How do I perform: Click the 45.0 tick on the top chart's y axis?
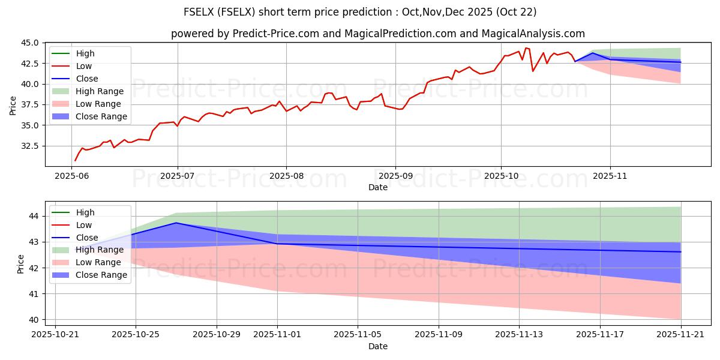pyautogui.click(x=31, y=43)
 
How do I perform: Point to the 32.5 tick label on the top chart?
pyautogui.click(x=31, y=146)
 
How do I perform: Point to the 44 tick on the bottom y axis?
pyautogui.click(x=34, y=216)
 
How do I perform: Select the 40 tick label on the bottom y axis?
pyautogui.click(x=34, y=320)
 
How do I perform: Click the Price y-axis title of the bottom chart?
pyautogui.click(x=21, y=264)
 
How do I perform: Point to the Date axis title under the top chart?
pyautogui.click(x=378, y=187)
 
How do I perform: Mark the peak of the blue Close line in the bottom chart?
pyautogui.click(x=176, y=223)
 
